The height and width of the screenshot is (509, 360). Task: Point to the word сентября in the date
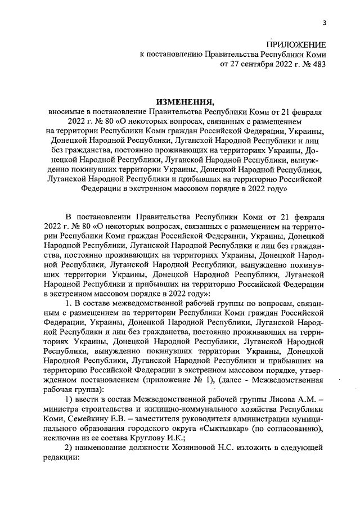tap(253, 64)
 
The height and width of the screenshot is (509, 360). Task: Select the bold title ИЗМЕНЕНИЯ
tap(185, 102)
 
